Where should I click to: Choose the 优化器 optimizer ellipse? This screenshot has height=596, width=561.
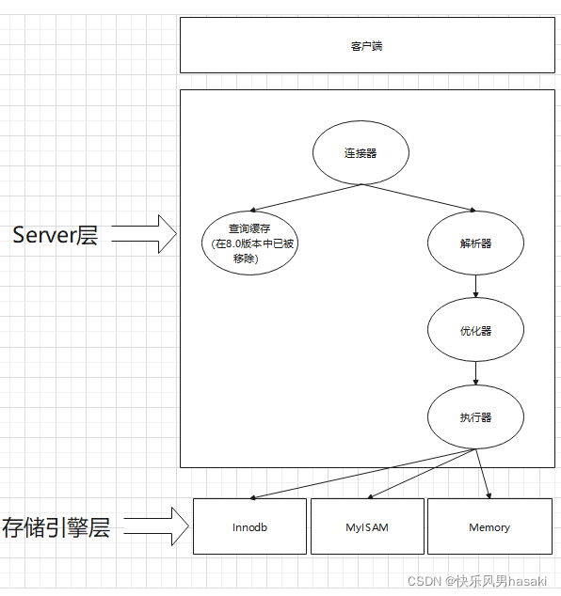[475, 330]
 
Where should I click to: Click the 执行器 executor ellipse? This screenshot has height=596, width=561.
[475, 416]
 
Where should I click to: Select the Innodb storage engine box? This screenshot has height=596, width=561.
[249, 526]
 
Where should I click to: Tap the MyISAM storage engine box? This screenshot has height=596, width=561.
[366, 526]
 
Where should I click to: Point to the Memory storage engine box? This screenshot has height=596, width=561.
[489, 526]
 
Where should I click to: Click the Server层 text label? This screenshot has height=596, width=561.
[55, 235]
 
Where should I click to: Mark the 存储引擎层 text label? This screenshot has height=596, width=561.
[56, 527]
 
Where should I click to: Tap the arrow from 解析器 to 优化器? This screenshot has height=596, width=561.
[476, 286]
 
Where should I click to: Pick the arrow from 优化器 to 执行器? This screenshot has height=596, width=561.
[476, 373]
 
